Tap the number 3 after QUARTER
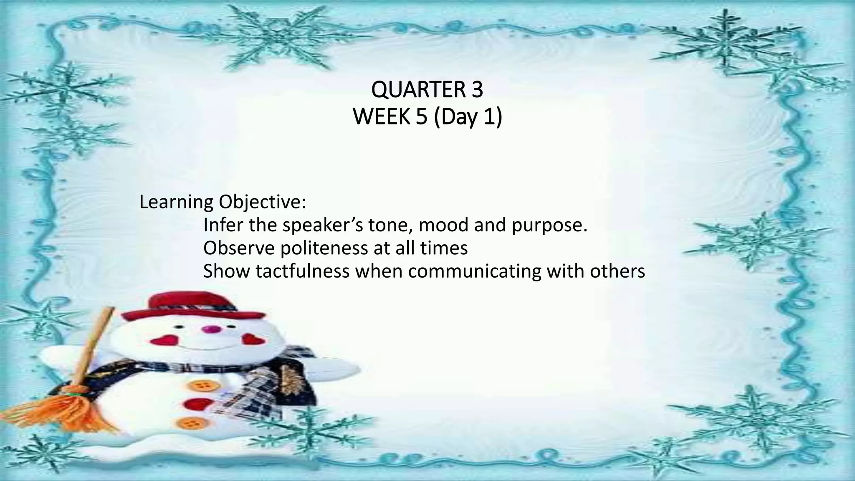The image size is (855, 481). (x=477, y=90)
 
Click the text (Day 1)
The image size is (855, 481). (x=468, y=117)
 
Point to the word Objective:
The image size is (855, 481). (x=262, y=203)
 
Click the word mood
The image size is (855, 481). (x=443, y=225)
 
